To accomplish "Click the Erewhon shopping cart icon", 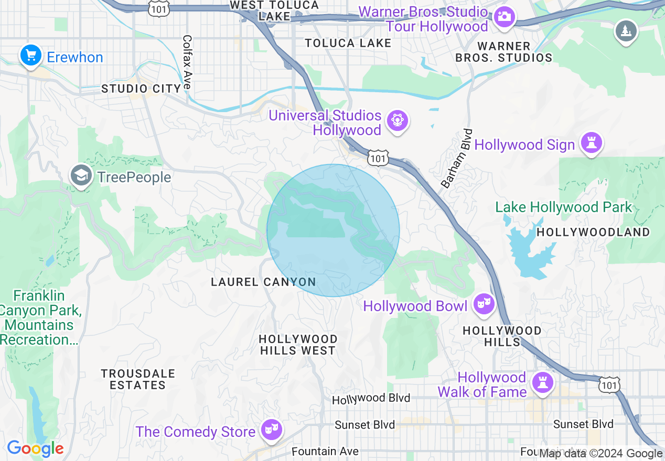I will pyautogui.click(x=31, y=56).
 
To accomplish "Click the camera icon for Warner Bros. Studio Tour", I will pyautogui.click(x=505, y=16).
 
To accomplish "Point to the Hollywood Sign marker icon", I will pyautogui.click(x=591, y=143).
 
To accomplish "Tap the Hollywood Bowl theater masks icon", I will pyautogui.click(x=484, y=304).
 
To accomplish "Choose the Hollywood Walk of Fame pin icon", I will pyautogui.click(x=543, y=383).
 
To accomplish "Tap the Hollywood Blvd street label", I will pyautogui.click(x=371, y=399).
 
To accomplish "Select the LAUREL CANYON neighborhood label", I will pyautogui.click(x=263, y=282).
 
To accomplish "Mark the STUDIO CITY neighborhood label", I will pyautogui.click(x=141, y=89).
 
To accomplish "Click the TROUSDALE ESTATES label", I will pyautogui.click(x=137, y=379).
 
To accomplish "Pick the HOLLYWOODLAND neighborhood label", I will pyautogui.click(x=593, y=232).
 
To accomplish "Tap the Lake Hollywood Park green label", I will pyautogui.click(x=564, y=207).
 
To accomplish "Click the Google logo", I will pyautogui.click(x=35, y=448).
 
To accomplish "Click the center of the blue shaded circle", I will pyautogui.click(x=333, y=230).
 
